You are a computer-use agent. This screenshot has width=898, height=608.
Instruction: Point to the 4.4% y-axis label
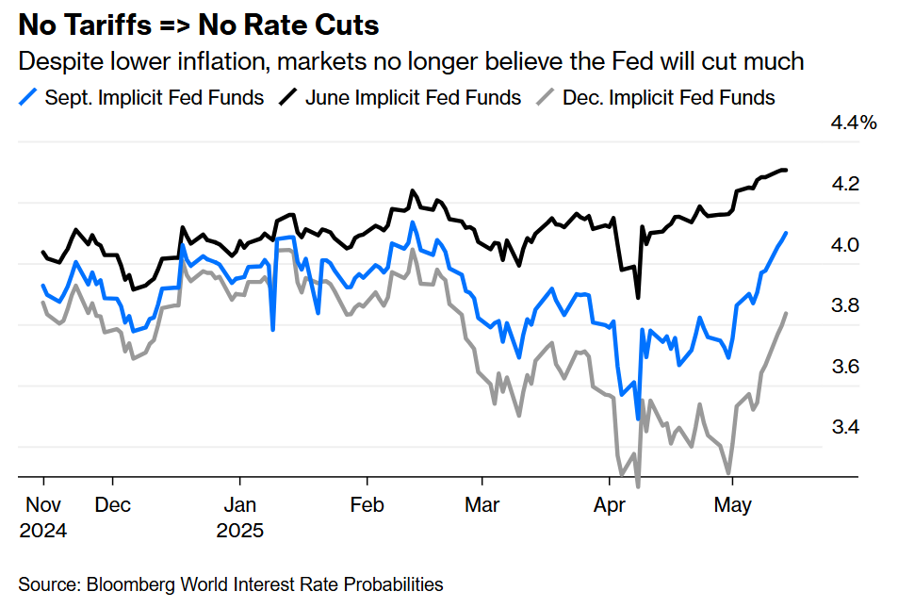coord(852,123)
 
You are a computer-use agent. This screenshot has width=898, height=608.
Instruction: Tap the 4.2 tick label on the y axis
coord(844,184)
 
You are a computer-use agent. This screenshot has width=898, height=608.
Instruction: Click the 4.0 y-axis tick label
coord(844,245)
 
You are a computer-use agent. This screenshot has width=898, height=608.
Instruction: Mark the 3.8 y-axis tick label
coord(844,305)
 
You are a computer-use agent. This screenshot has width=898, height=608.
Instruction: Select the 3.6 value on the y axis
coord(844,367)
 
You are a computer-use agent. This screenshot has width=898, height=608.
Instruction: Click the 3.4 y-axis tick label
coord(844,427)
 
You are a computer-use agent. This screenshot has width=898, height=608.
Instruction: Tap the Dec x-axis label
coord(113,505)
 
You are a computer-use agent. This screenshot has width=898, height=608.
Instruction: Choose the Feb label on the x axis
coord(367,505)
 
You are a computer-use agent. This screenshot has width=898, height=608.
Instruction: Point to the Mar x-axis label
coord(482,505)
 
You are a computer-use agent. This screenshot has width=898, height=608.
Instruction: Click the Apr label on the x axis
coord(611,505)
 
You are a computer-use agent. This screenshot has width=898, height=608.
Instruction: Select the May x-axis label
coord(732,505)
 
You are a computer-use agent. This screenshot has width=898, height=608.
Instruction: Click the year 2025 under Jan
coord(240,530)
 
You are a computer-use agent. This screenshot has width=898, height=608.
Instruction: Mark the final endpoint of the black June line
coord(787,171)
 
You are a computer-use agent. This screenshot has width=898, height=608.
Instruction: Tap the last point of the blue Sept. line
coord(787,233)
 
